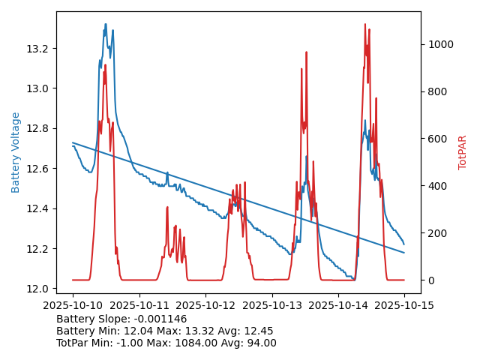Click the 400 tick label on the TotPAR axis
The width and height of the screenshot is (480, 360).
click(436, 186)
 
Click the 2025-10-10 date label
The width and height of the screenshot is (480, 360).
click(73, 304)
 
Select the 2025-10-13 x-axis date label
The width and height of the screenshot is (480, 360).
click(271, 304)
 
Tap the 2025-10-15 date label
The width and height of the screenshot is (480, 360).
click(404, 304)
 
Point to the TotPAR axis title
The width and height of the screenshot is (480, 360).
click(462, 152)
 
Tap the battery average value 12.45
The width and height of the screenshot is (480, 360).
click(258, 331)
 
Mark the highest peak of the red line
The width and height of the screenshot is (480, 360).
click(365, 24)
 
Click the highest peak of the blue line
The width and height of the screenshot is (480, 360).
click(106, 24)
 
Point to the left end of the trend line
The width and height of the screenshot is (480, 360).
click(73, 142)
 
